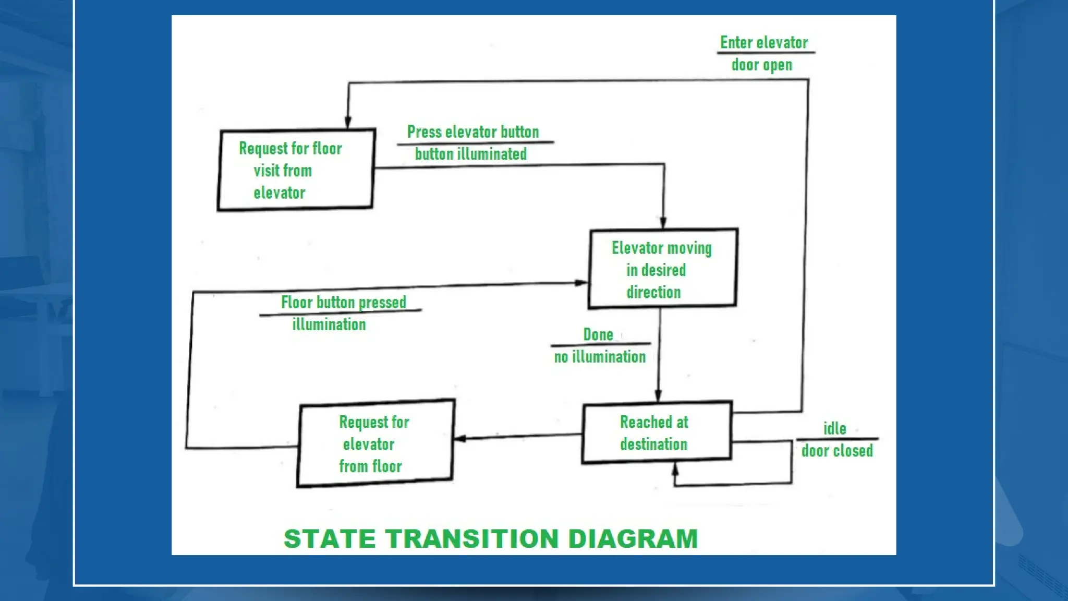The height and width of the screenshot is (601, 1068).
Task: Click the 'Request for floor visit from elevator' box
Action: (x=296, y=170)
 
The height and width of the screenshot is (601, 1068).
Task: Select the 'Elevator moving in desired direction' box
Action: (x=662, y=269)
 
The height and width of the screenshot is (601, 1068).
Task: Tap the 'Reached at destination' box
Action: (x=657, y=432)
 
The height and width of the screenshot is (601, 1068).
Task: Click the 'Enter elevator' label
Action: (x=764, y=43)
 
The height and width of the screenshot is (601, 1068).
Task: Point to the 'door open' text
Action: (x=761, y=65)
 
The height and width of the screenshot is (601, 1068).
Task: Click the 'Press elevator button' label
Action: (x=473, y=132)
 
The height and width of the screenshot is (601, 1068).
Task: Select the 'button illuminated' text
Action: (x=470, y=154)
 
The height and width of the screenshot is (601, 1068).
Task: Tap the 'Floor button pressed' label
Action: (x=343, y=303)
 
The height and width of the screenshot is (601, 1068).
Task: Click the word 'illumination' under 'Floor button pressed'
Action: (x=329, y=324)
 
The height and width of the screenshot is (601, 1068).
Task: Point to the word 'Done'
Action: (x=598, y=335)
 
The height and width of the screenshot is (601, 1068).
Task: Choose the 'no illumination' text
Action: (x=600, y=357)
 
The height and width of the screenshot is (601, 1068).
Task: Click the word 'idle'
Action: (x=834, y=429)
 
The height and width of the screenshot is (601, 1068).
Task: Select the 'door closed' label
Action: (x=836, y=451)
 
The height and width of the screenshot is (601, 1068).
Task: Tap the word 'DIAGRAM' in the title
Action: (x=633, y=539)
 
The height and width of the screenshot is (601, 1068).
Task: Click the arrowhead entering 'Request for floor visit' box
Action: (x=348, y=123)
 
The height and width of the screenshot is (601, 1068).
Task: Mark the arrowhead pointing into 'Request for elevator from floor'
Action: (x=460, y=439)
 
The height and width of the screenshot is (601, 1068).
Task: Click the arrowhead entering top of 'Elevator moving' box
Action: (x=663, y=223)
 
